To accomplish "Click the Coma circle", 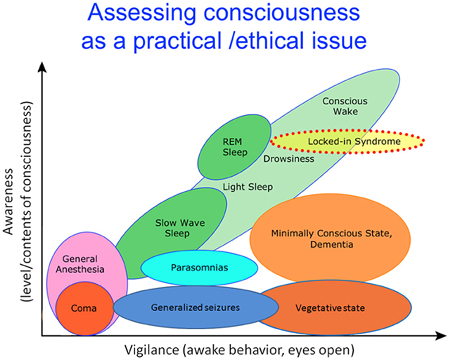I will pyautogui.click(x=85, y=308).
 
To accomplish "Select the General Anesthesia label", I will pyautogui.click(x=83, y=264).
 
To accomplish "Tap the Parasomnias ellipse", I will pyautogui.click(x=199, y=267).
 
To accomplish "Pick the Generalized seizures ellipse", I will pyautogui.click(x=195, y=308).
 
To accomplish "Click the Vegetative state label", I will pyautogui.click(x=330, y=308).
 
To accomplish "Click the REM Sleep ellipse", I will pyautogui.click(x=235, y=147).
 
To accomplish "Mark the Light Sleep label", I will pyautogui.click(x=248, y=187).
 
